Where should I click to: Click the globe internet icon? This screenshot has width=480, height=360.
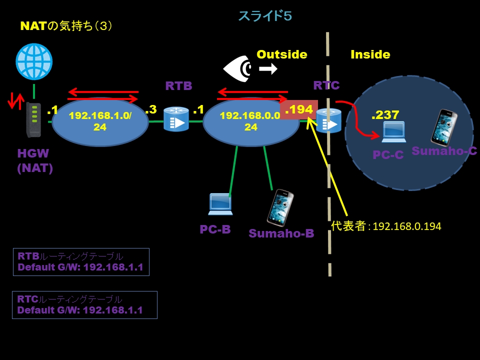tap(34, 61)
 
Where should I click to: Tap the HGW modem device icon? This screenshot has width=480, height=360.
tap(33, 119)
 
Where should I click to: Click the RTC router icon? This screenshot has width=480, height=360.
tap(328, 120)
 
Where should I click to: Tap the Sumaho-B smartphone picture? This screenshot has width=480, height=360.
tap(280, 207)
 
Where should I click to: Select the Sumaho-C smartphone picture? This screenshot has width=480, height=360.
tap(444, 127)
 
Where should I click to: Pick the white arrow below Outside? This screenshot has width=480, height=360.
tap(268, 69)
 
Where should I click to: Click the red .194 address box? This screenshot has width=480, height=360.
tap(298, 110)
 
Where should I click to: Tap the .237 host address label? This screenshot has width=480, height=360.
tap(385, 115)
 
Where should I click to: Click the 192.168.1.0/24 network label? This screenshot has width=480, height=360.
tap(100, 121)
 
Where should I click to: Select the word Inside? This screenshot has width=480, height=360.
tap(370, 54)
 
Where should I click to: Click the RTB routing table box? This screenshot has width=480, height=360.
tap(81, 262)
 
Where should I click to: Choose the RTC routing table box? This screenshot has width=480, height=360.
tap(84, 305)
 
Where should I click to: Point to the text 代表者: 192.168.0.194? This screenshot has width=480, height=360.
tap(386, 226)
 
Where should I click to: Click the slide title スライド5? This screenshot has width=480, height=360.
tap(264, 16)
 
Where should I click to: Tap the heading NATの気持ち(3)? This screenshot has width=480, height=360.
tap(66, 26)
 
